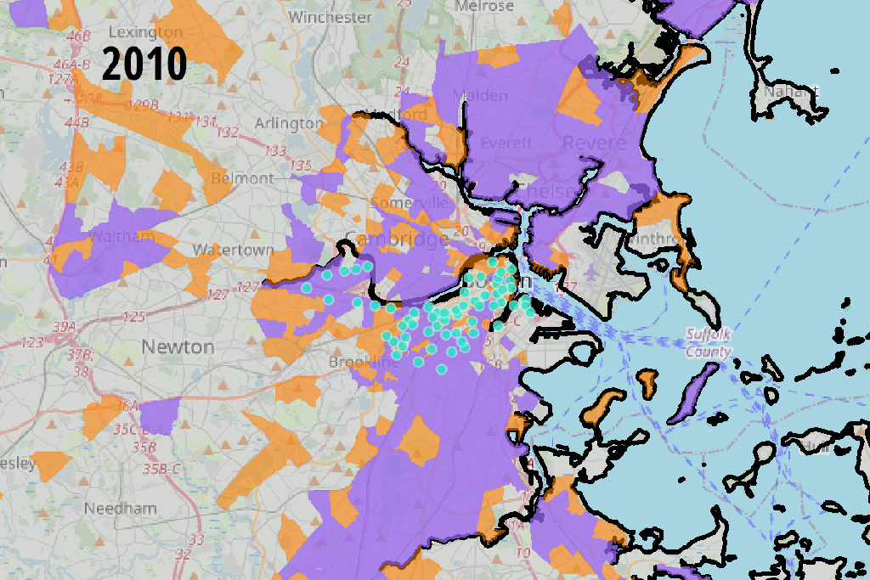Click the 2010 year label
click(x=144, y=63)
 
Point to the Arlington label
click(x=289, y=123)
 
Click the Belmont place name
click(x=242, y=178)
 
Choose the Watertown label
click(x=233, y=250)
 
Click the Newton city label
click(x=178, y=346)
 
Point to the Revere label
click(x=594, y=142)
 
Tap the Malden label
click(x=480, y=94)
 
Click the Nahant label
click(x=791, y=90)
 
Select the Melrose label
click(x=483, y=6)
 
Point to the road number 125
click(x=133, y=317)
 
